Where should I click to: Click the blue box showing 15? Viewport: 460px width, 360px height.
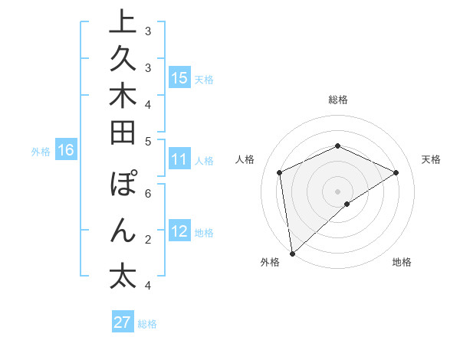tap(179, 77)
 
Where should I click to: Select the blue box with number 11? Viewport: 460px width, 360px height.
tap(179, 159)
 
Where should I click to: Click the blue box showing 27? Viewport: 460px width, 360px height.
tap(123, 322)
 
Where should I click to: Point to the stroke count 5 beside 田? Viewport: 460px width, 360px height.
tap(147, 140)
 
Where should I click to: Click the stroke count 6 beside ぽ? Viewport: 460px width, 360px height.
tap(147, 193)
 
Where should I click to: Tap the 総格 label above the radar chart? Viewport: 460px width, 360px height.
tap(337, 100)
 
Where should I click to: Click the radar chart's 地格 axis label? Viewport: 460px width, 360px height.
tap(402, 263)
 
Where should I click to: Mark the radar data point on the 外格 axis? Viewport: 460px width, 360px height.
tap(292, 253)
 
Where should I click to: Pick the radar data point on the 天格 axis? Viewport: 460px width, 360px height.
tap(396, 172)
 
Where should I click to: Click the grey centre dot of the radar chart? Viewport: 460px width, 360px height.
tap(337, 191)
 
